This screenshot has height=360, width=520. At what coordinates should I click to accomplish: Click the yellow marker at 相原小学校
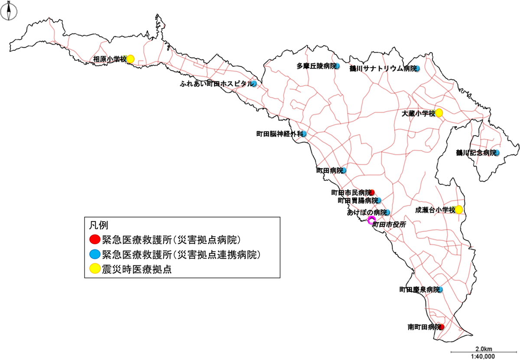[x=130, y=59]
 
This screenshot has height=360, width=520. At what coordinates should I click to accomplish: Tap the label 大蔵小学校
[x=418, y=113]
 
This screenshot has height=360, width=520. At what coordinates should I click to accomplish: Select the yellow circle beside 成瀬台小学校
[x=459, y=210]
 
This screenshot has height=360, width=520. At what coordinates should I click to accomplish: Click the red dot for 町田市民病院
[x=372, y=192]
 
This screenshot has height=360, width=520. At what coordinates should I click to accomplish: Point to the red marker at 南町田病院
[x=442, y=327]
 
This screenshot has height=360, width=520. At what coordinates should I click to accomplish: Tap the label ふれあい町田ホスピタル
[x=215, y=83]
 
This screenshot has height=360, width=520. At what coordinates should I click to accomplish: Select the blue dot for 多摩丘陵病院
[x=337, y=67]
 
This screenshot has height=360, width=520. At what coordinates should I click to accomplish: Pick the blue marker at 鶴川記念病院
[x=497, y=153]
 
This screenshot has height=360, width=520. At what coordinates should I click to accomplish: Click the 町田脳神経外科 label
[x=279, y=134]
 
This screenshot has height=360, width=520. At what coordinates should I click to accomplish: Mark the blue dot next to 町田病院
[x=344, y=170]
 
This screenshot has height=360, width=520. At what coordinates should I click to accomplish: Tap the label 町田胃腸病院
[x=357, y=200]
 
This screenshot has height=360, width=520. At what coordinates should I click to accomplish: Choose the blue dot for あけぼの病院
[x=387, y=212]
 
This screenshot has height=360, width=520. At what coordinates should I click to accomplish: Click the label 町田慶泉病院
[x=419, y=289]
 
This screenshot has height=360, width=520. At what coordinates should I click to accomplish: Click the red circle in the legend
[x=94, y=239]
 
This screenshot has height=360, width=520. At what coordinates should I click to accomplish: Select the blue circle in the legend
[x=94, y=254]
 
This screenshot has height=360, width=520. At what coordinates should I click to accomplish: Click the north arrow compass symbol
[x=9, y=12]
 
